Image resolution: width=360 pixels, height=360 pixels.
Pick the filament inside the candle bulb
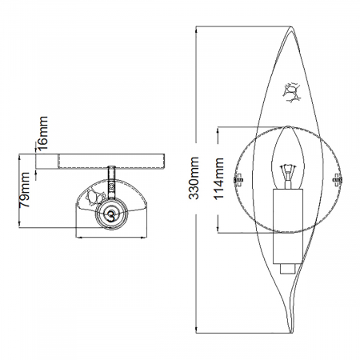(286, 170)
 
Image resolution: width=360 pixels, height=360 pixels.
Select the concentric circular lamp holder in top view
(108, 214)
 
